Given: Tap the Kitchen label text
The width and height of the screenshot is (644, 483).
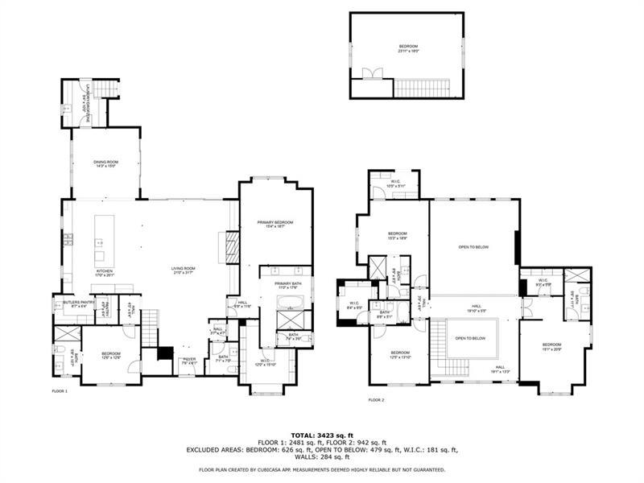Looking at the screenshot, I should (x=105, y=271).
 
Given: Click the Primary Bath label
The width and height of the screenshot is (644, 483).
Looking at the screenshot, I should (x=287, y=284).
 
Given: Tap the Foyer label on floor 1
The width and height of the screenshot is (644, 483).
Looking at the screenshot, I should (x=188, y=361).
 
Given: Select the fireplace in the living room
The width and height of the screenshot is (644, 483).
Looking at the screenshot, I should (x=232, y=247).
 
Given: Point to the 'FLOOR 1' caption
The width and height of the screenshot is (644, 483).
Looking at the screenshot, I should (x=60, y=391).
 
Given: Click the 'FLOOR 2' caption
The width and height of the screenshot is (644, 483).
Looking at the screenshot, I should (x=377, y=400).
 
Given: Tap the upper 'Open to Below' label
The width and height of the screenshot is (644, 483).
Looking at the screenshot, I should (x=473, y=247).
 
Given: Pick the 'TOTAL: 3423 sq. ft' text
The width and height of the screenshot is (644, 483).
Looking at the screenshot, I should (x=321, y=434).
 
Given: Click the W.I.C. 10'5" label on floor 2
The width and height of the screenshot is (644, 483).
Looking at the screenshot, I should (x=396, y=183).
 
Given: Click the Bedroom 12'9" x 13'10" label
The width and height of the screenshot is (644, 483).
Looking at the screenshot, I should (x=400, y=354).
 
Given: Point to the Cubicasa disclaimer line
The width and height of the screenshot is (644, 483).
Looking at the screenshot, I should (x=321, y=469).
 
